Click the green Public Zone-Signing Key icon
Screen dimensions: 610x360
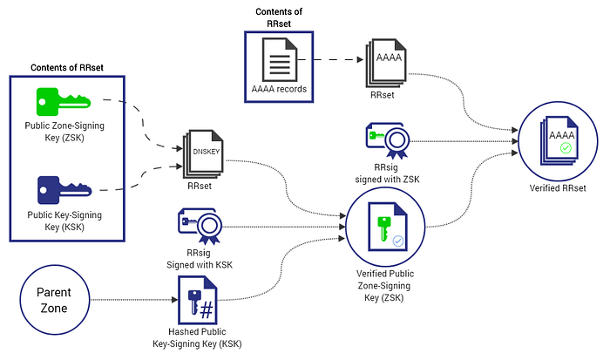click(63, 102)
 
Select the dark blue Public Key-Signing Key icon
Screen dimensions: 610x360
click(64, 190)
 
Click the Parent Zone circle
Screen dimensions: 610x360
click(54, 300)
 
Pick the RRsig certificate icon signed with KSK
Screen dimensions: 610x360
click(200, 226)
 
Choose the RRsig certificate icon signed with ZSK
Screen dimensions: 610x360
click(388, 141)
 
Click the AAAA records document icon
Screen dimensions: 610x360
click(280, 59)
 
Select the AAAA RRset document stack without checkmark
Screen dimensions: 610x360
click(386, 63)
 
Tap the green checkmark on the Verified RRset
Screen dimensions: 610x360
click(566, 148)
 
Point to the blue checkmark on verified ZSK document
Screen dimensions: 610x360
click(398, 241)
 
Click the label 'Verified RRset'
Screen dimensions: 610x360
click(558, 188)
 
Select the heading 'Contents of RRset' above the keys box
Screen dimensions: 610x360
click(67, 67)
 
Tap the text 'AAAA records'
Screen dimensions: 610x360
click(279, 89)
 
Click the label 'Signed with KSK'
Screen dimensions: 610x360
click(200, 265)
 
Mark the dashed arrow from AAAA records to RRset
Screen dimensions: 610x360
click(330, 59)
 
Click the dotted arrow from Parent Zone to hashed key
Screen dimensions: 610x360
click(134, 300)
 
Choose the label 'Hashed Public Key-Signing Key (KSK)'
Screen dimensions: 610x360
click(197, 338)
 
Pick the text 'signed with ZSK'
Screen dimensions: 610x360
click(387, 180)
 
